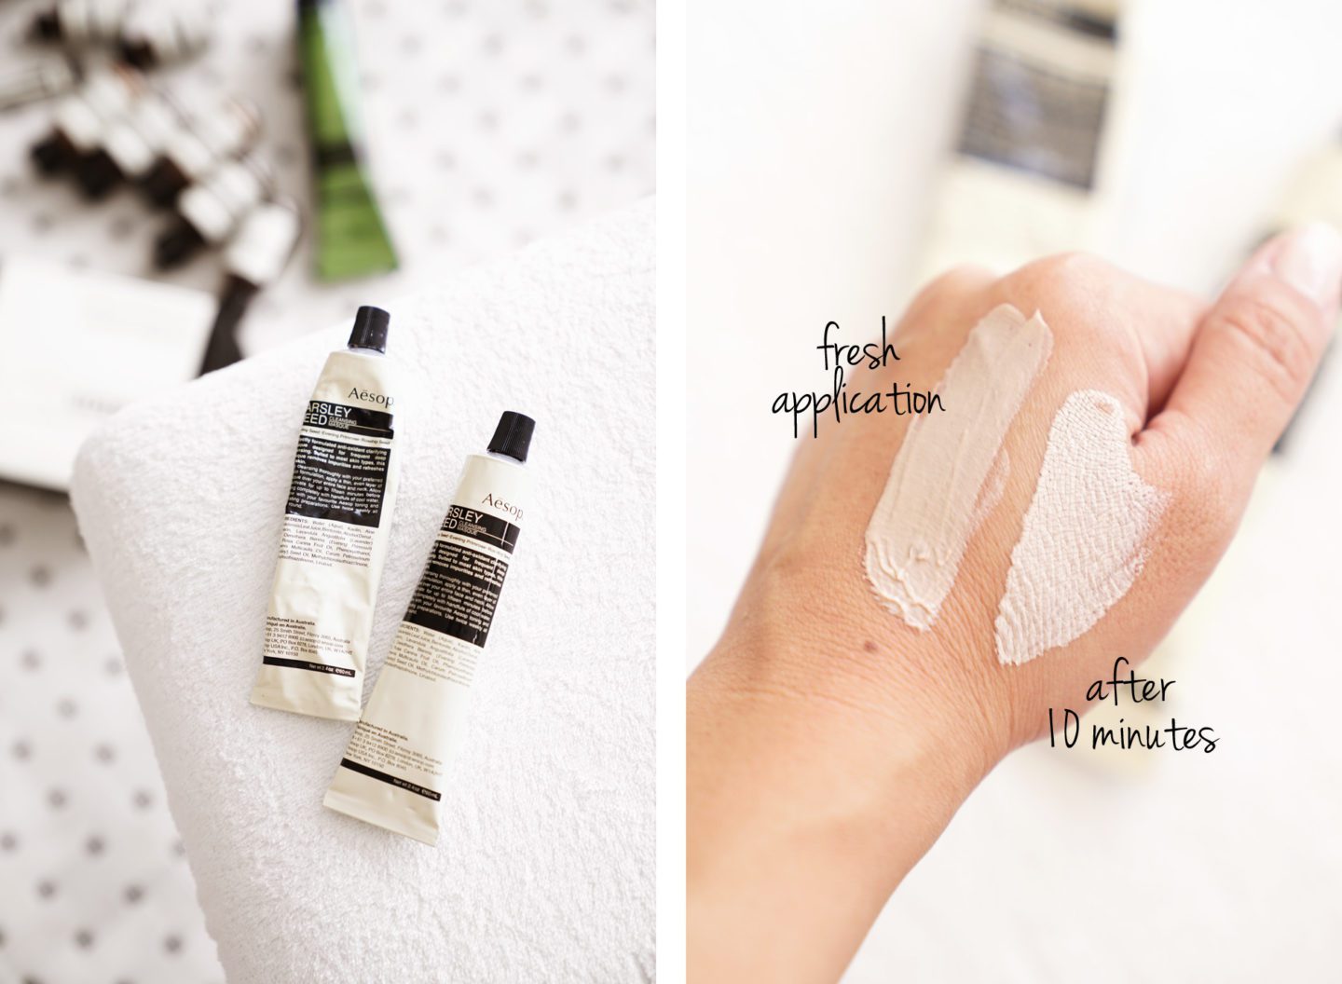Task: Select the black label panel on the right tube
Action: [466, 596]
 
